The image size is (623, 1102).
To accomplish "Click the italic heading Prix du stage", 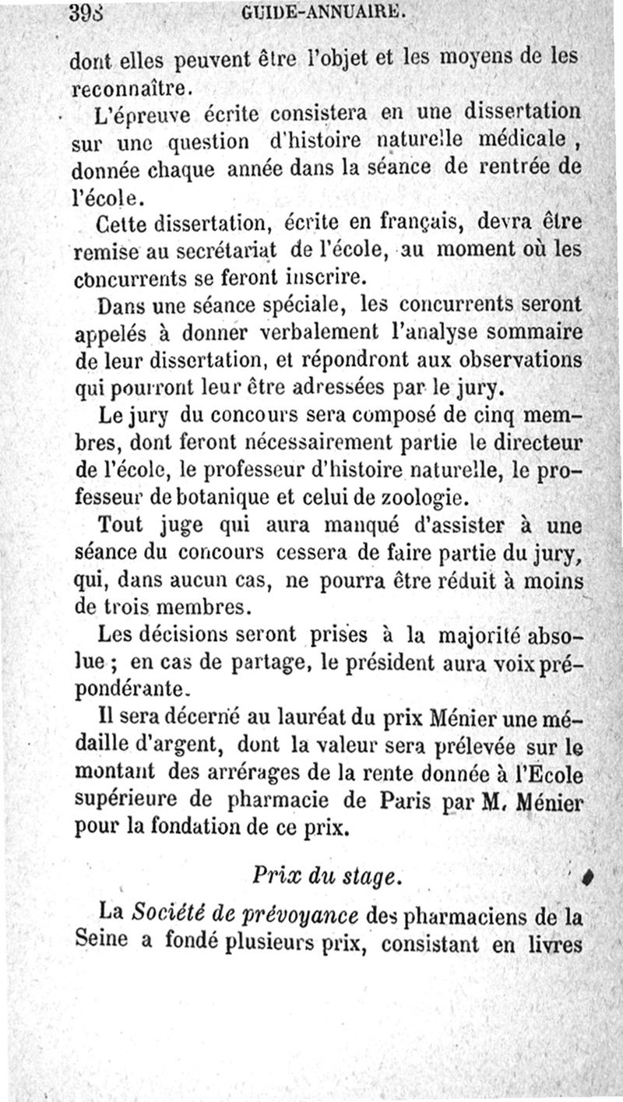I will click(326, 875).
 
